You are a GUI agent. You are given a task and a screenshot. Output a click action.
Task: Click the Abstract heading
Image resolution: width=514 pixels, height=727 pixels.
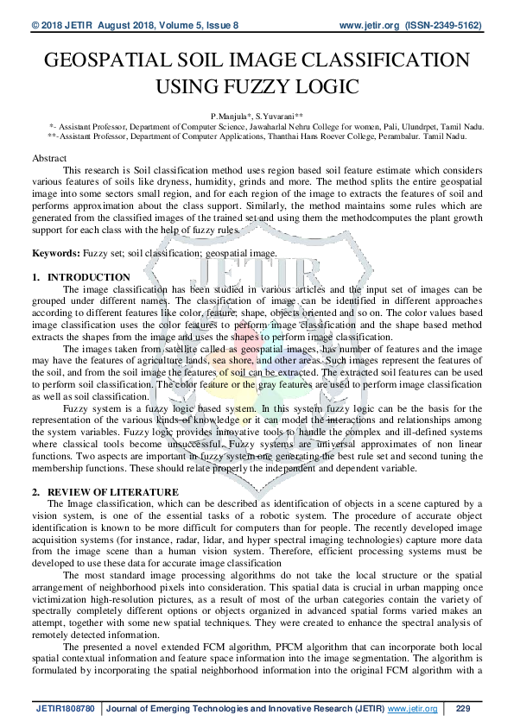coord(48,160)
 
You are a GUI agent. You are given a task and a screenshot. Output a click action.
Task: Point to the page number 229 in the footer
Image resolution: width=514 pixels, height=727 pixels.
coord(462,709)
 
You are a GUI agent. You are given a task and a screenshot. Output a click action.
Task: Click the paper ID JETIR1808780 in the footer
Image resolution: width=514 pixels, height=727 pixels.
coord(66,709)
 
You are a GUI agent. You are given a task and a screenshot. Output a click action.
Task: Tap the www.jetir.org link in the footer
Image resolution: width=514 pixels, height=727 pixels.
coord(412,709)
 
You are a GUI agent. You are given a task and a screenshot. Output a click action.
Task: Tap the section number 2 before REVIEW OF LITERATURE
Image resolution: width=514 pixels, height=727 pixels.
coord(35,491)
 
